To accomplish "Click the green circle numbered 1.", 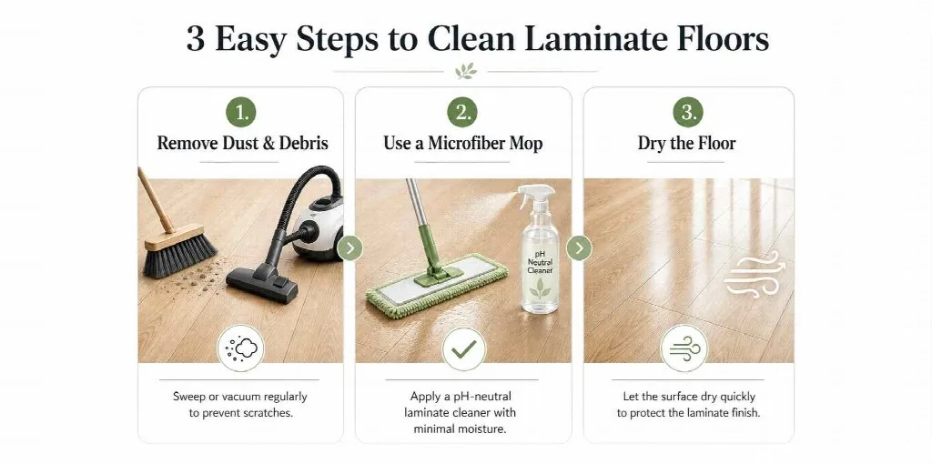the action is (240, 112).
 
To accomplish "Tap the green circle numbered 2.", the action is (462, 112).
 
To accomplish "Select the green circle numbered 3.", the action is (688, 112).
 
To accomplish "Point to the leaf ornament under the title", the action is (466, 71).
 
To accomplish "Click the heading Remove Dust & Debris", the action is (242, 143).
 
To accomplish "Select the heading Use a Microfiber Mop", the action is (463, 143).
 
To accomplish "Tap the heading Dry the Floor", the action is (687, 143).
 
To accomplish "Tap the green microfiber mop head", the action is (437, 284).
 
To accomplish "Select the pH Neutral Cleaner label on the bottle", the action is (541, 261).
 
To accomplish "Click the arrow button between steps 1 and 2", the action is (349, 247).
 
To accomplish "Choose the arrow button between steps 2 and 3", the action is (579, 247).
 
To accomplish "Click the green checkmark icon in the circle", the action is (463, 348).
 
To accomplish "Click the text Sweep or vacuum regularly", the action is (240, 397).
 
